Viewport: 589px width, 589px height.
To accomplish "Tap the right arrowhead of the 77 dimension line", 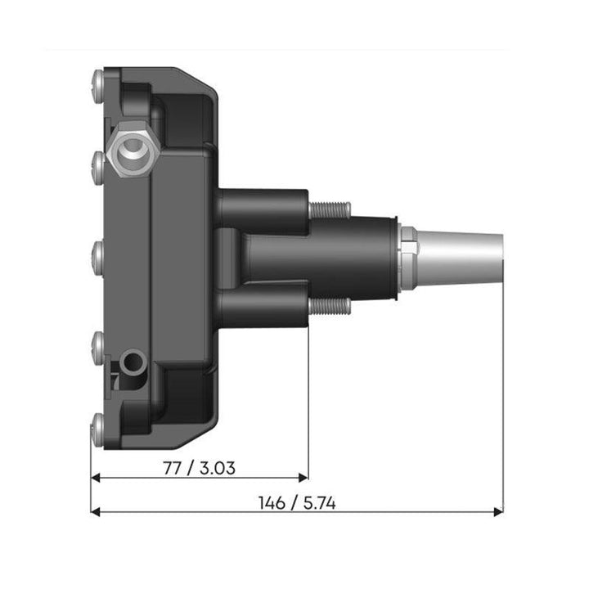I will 303,477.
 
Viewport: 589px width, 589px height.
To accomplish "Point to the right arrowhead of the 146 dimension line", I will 497,512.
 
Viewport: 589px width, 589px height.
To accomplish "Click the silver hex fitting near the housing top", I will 134,148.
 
